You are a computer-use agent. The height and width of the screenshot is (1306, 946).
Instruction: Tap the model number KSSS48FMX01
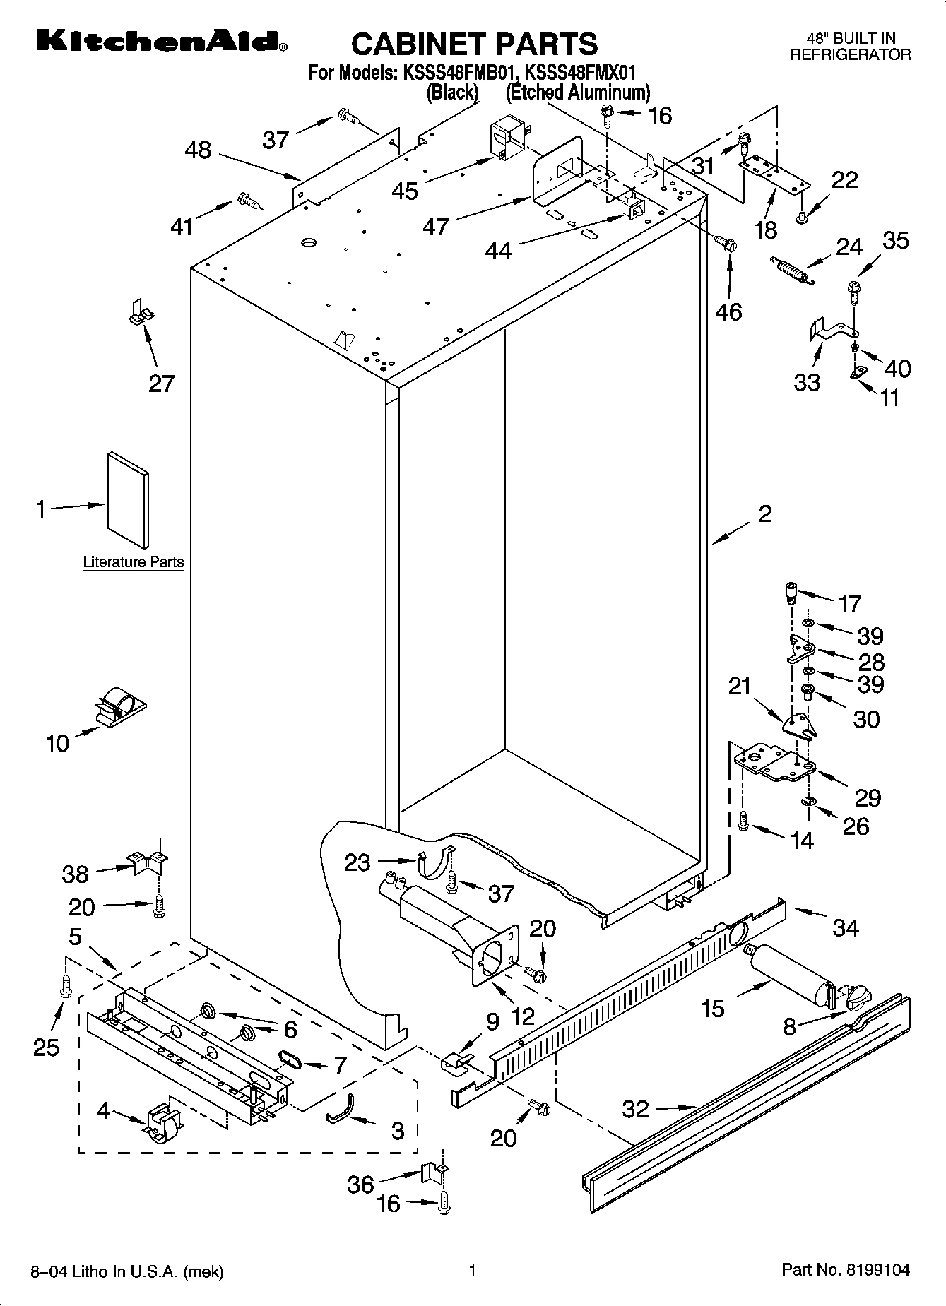[581, 73]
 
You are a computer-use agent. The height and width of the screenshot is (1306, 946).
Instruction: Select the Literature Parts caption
[134, 562]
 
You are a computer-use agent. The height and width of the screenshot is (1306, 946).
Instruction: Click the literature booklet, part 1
[128, 500]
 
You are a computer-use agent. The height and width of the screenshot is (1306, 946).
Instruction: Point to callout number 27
[161, 384]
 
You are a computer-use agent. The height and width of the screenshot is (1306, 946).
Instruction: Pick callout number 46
[729, 311]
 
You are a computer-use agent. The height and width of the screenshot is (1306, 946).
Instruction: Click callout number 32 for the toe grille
[635, 1109]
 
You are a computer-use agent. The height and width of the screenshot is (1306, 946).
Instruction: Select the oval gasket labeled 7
[289, 1057]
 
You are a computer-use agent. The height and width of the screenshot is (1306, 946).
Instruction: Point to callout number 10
[58, 743]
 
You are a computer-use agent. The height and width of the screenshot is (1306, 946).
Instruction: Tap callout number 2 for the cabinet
[765, 514]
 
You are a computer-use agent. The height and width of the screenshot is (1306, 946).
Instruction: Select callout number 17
[849, 604]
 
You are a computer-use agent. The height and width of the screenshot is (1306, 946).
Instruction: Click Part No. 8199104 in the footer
[846, 1271]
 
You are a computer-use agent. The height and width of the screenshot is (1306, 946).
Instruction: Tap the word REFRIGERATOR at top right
[850, 55]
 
